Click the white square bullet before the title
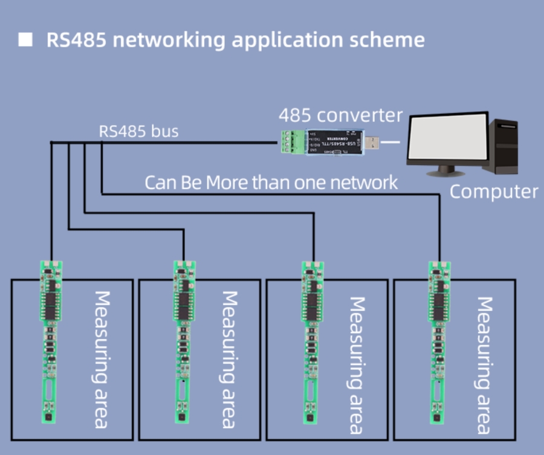[25, 40]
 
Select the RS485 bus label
[138, 131]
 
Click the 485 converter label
[340, 115]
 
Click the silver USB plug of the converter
[374, 143]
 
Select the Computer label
[493, 192]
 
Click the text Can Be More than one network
[271, 182]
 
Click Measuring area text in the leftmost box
[101, 359]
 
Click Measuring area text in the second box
[228, 360]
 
